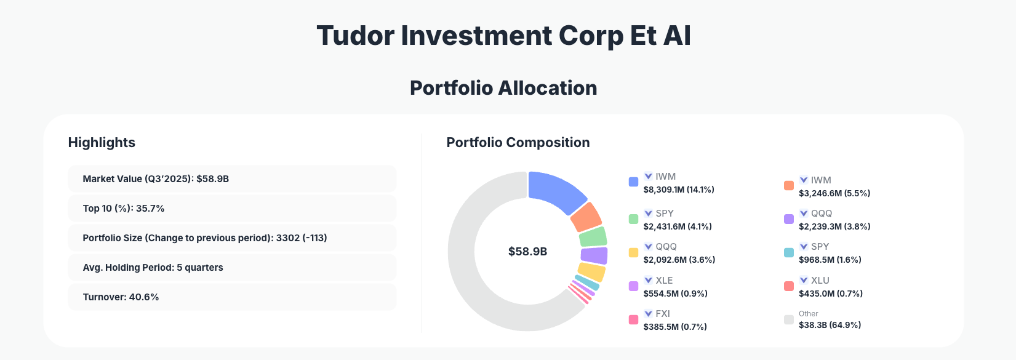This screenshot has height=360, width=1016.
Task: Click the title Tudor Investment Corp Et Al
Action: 503,36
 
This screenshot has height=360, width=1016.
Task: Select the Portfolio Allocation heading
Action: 503,88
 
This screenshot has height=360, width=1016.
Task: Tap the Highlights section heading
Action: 102,143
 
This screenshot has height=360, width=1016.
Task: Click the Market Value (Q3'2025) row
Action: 231,179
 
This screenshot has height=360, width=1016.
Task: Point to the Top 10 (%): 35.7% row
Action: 231,209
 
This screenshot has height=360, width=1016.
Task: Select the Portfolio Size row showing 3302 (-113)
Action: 231,238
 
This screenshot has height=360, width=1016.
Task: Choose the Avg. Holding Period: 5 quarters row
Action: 231,268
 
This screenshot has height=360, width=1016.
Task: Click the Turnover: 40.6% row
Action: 231,297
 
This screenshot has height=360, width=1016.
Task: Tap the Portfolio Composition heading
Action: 518,143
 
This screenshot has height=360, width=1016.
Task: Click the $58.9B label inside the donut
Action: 527,252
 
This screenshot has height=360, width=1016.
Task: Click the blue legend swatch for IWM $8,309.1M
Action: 633,182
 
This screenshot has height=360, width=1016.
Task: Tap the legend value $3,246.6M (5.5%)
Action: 834,193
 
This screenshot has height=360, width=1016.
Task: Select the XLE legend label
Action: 664,281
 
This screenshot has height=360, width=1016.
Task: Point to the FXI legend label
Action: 663,314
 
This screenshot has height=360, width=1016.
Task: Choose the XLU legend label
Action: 820,281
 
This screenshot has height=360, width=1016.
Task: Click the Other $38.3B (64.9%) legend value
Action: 830,325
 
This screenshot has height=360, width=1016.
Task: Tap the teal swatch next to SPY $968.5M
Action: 788,253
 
